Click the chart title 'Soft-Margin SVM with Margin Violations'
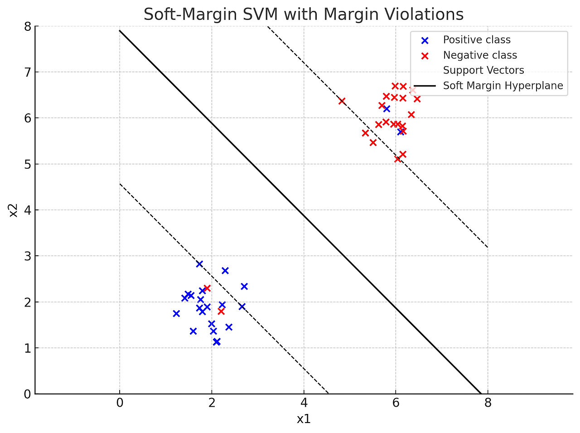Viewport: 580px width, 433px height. click(304, 15)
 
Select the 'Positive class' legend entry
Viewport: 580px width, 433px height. click(476, 40)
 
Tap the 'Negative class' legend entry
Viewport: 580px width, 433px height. click(479, 55)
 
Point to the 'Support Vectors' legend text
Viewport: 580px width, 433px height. click(483, 70)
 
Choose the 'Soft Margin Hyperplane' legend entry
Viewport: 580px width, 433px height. click(503, 86)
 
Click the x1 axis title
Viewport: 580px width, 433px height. click(304, 419)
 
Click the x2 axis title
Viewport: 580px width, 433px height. click(14, 210)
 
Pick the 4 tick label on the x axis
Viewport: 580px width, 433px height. click(304, 403)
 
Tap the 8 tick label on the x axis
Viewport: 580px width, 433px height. click(488, 403)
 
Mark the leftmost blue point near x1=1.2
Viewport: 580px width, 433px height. click(176, 313)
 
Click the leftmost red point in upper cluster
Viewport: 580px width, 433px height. click(342, 101)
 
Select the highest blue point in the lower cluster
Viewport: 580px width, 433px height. click(199, 264)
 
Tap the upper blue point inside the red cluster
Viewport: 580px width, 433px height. click(387, 109)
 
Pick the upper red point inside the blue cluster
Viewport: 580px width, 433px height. click(207, 288)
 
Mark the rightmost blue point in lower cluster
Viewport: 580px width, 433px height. click(244, 286)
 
